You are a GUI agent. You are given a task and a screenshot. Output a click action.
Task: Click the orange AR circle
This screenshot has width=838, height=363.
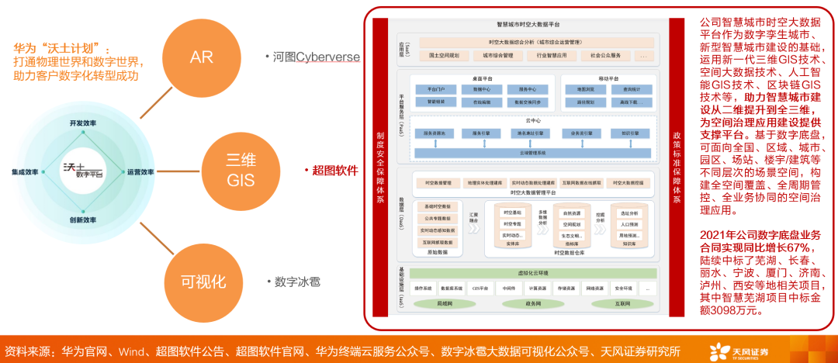pyautogui.click(x=201, y=57)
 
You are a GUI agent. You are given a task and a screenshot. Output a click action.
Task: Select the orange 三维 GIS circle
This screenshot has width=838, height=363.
pyautogui.click(x=241, y=170)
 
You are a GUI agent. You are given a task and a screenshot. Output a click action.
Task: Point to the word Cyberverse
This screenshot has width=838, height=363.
pyautogui.click(x=327, y=57)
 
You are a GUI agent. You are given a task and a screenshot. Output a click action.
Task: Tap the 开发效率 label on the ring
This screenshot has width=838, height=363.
pyautogui.click(x=83, y=124)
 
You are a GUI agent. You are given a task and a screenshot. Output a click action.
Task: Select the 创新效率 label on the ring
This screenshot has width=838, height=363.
pyautogui.click(x=83, y=220)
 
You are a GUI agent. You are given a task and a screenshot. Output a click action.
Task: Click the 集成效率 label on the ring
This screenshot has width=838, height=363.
pyautogui.click(x=26, y=172)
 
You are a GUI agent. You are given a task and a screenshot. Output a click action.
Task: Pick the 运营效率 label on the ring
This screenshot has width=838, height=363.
pyautogui.click(x=140, y=172)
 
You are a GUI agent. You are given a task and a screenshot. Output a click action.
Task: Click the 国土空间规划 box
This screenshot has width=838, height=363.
pyautogui.click(x=445, y=56)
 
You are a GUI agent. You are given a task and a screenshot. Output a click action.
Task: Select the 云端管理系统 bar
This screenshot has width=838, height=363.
pyautogui.click(x=532, y=153)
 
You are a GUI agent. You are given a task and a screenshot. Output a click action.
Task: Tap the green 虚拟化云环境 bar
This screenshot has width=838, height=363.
pyautogui.click(x=532, y=274)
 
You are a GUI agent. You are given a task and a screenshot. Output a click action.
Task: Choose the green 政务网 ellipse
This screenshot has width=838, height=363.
pyautogui.click(x=532, y=304)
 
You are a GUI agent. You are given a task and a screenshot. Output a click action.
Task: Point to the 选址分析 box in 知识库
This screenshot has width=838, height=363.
pyautogui.click(x=628, y=213)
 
